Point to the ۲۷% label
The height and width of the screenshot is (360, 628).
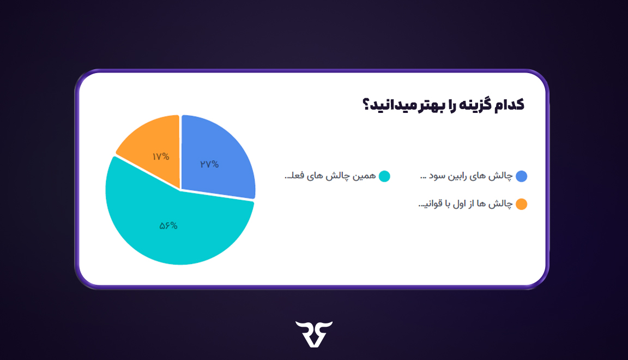pos(209,164)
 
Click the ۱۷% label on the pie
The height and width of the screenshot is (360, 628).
pos(160,157)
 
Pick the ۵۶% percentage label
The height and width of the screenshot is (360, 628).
pos(168,226)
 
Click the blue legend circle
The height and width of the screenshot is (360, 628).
pos(521,176)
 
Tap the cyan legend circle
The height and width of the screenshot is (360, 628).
pos(384,176)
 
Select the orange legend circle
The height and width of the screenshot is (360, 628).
pos(521,205)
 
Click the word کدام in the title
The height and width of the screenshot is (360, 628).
pos(508,105)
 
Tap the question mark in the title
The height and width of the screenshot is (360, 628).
pos(366,105)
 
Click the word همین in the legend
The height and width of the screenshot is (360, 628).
pos(365,176)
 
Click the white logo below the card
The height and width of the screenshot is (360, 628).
pos(314,333)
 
